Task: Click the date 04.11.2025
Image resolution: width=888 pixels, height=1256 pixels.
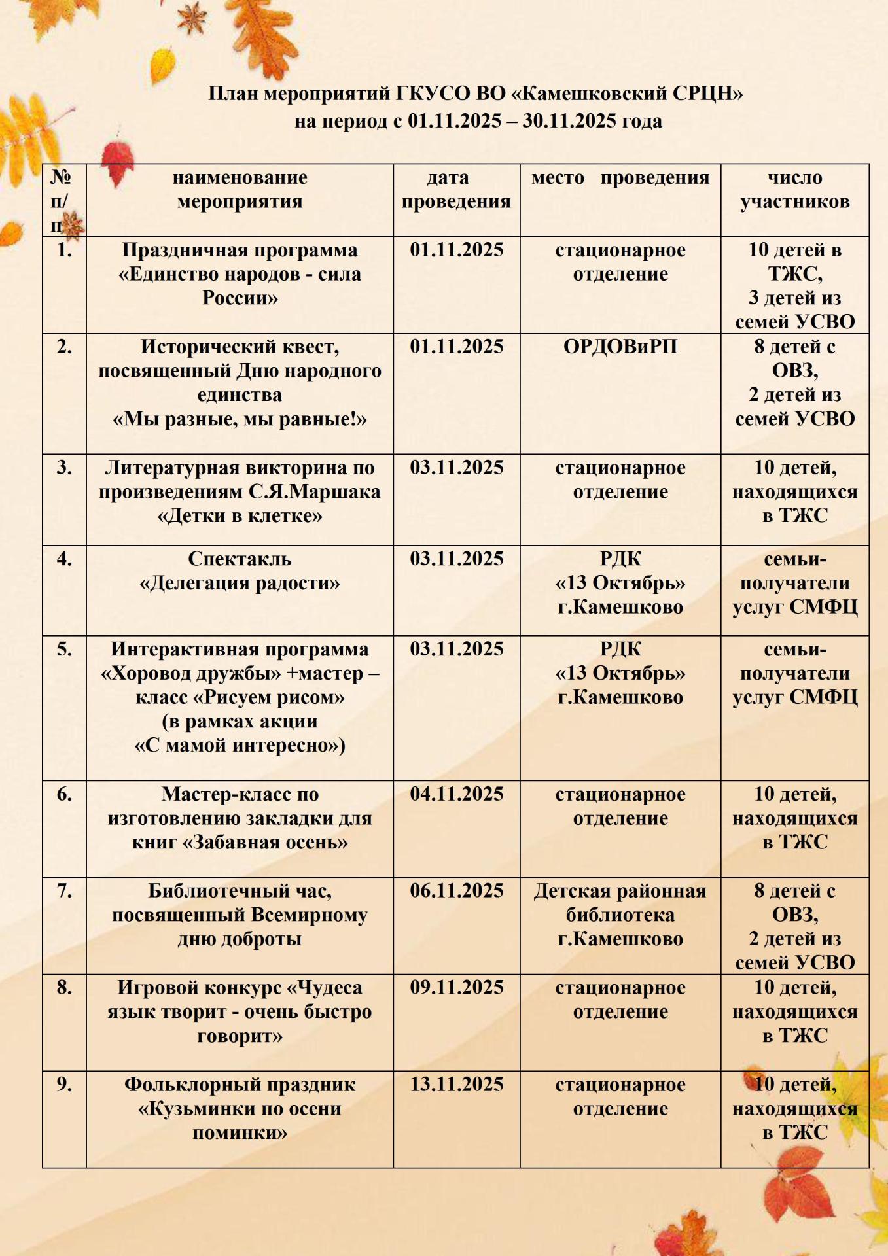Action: pos(457,794)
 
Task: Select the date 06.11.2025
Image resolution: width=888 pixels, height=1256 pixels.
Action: pos(457,891)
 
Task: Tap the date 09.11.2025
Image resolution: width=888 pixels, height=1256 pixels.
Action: pos(457,988)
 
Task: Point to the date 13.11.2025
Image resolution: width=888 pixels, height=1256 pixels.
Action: pos(457,1085)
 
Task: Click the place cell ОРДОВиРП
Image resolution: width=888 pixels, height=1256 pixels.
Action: pos(620,347)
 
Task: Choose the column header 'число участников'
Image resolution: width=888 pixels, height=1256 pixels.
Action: pos(794,190)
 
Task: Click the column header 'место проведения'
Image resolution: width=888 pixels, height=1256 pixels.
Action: pos(620,178)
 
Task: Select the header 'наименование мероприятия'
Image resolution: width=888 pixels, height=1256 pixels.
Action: pos(240,190)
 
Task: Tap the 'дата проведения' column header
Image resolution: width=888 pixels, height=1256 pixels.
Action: pos(456,190)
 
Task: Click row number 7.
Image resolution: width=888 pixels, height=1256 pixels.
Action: pos(64,891)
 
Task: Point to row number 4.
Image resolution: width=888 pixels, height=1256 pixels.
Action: pos(64,559)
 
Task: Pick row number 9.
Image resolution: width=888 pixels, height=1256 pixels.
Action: pos(64,1085)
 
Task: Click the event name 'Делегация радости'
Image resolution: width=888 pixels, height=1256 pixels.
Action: pos(240,584)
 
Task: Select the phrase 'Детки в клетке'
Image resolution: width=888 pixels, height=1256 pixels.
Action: pos(240,516)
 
